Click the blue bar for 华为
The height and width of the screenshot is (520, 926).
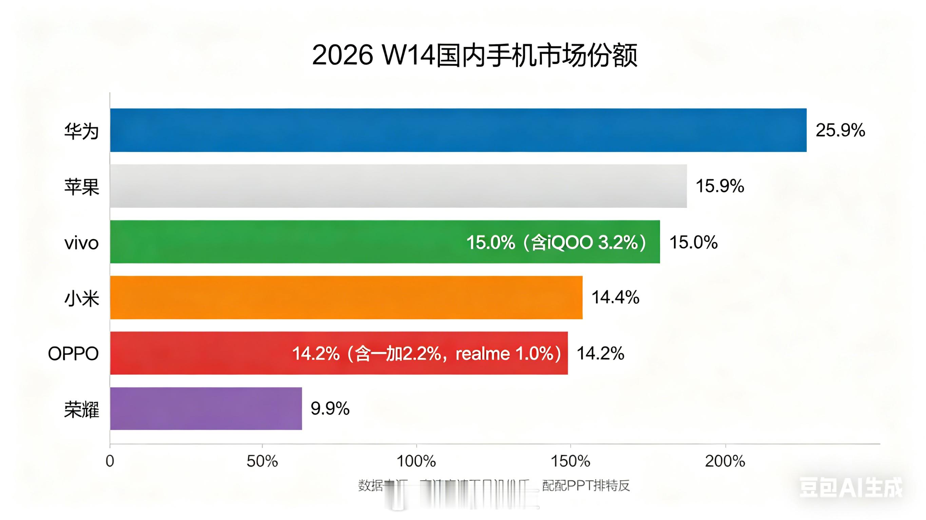(458, 130)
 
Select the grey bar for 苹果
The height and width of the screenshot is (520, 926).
(398, 186)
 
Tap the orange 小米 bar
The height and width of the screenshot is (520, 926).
(346, 297)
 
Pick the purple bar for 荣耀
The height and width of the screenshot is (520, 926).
(206, 408)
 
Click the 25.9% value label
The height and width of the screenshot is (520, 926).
(840, 130)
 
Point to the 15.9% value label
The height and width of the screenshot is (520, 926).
(720, 186)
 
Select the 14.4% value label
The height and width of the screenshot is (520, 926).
(615, 297)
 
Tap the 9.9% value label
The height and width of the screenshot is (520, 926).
(330, 408)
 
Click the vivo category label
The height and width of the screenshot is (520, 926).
(82, 243)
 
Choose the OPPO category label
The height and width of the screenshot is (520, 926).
(73, 354)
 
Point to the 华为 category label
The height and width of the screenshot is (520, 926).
(82, 131)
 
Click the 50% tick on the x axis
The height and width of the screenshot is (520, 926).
(262, 461)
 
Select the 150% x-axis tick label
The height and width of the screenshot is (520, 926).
(571, 461)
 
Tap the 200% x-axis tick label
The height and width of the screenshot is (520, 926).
(725, 461)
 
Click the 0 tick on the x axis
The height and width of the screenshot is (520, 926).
(110, 461)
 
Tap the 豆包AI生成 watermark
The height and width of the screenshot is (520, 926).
(850, 488)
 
